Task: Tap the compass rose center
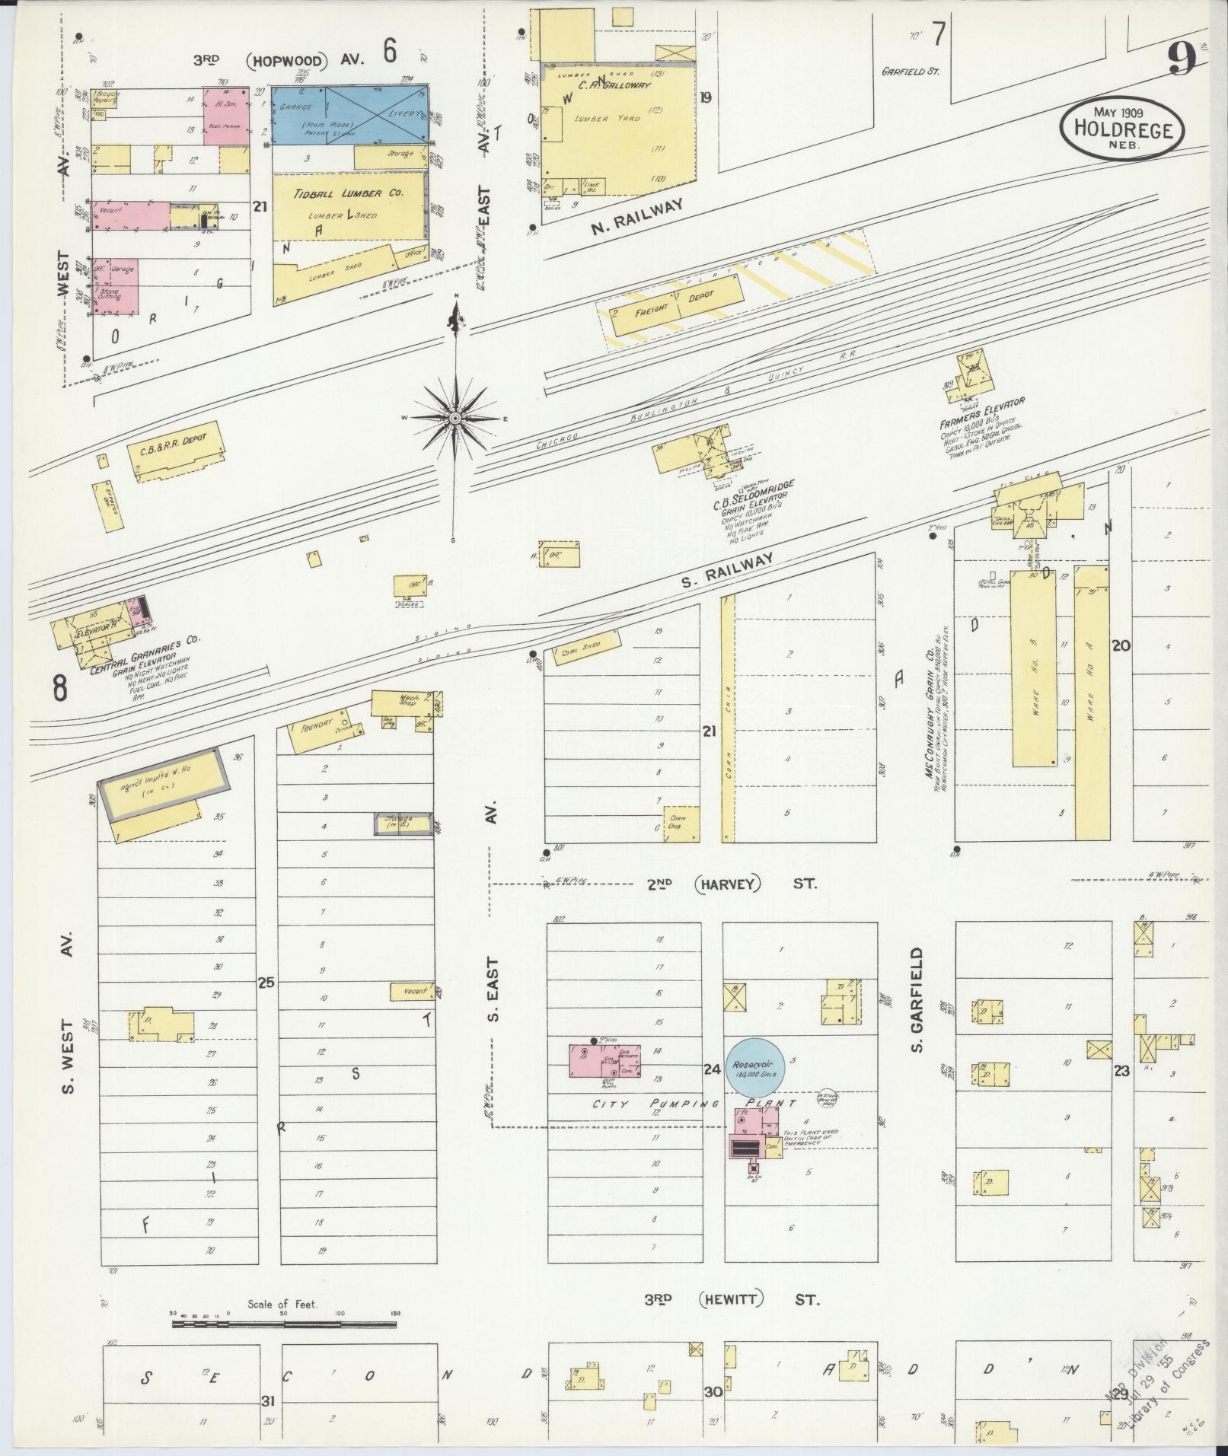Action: click(455, 418)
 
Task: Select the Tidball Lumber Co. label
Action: click(348, 194)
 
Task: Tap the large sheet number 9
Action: click(1182, 58)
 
